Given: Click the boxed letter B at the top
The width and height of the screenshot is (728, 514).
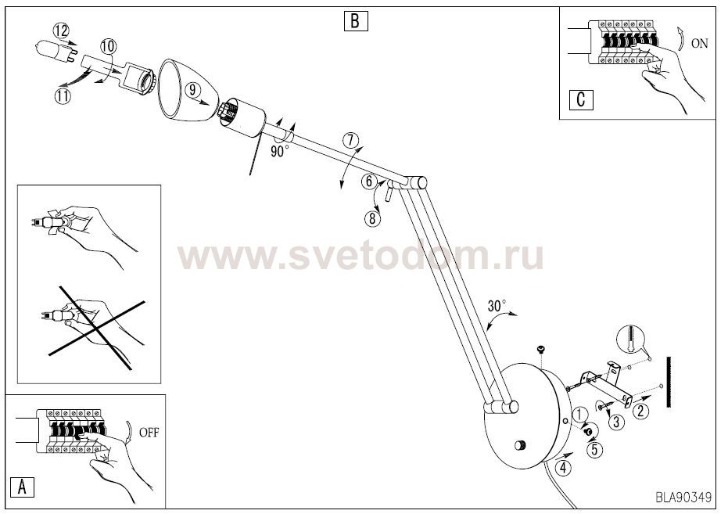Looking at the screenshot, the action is [x=356, y=21].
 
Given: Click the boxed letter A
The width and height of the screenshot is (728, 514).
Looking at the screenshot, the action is [x=22, y=487].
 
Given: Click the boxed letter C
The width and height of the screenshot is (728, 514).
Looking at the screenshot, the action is [x=581, y=100].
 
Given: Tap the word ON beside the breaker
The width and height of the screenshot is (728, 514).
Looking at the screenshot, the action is [x=700, y=43].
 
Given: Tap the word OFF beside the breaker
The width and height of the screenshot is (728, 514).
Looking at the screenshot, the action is [x=149, y=433].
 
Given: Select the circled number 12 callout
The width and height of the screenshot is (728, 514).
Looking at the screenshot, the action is [x=61, y=31].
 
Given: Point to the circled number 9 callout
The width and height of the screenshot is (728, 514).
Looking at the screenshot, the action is [x=192, y=90].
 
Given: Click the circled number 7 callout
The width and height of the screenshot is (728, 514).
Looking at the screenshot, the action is [x=350, y=140].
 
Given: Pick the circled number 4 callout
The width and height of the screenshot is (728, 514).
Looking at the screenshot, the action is [x=564, y=467].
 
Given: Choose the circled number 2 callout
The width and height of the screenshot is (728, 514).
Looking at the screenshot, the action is [x=640, y=411].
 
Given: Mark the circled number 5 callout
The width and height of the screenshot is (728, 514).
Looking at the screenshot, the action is [x=594, y=449].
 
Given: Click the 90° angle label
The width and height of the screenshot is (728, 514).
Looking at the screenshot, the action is [x=279, y=151].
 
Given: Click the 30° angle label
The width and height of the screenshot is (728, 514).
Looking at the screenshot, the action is [x=497, y=306].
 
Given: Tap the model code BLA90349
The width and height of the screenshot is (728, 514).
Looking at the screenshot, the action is [x=683, y=498].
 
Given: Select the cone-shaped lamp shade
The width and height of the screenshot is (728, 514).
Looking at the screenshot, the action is [x=187, y=90].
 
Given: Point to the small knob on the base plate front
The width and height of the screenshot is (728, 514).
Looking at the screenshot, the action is [x=520, y=445].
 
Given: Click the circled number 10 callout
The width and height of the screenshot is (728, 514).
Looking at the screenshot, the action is [x=108, y=46].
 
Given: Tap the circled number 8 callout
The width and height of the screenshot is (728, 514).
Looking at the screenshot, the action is [x=372, y=217].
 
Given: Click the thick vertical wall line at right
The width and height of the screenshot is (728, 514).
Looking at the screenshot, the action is [x=669, y=382].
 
